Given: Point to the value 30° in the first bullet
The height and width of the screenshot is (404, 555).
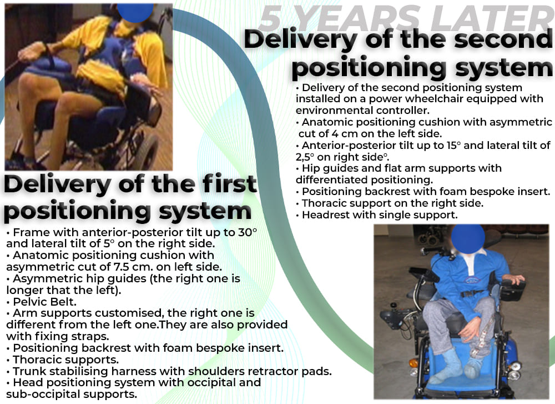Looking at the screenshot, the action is pyautogui.click(x=248, y=232).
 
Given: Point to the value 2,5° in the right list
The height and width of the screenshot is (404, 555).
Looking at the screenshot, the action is pyautogui.click(x=305, y=157).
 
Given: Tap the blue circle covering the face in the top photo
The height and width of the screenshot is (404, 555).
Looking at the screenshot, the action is pyautogui.click(x=136, y=12).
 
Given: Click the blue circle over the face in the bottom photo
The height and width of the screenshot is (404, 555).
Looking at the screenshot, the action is pyautogui.click(x=468, y=238).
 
